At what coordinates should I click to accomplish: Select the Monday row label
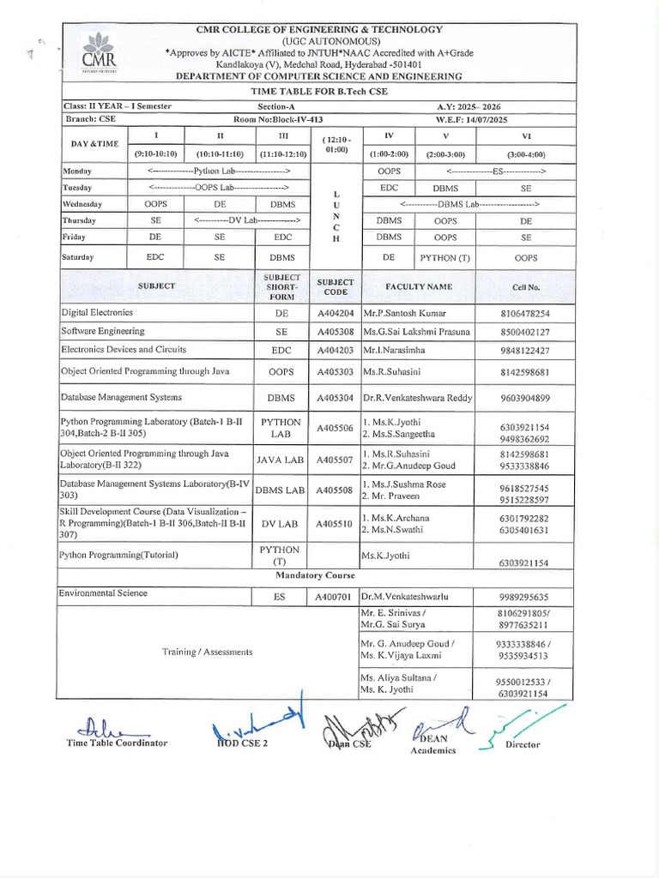click(77, 171)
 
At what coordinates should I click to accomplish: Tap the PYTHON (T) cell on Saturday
click(444, 257)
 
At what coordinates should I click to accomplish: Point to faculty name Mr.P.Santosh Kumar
click(405, 314)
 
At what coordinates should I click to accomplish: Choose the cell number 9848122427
click(524, 351)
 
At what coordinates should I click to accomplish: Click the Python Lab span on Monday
click(218, 171)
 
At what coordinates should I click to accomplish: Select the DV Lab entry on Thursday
click(247, 220)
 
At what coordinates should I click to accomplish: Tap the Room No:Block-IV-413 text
click(278, 120)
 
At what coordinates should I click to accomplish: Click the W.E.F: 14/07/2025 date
click(473, 120)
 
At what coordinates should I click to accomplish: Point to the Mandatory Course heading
click(317, 575)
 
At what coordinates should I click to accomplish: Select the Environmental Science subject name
click(104, 593)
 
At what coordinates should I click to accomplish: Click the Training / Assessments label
click(208, 652)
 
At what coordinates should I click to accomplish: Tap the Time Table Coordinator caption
click(117, 743)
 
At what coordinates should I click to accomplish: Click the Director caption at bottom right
click(523, 745)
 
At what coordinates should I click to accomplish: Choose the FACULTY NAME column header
click(418, 286)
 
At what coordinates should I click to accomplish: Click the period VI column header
click(526, 135)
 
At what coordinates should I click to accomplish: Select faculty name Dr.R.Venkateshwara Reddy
click(417, 398)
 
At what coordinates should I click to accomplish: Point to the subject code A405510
click(335, 524)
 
